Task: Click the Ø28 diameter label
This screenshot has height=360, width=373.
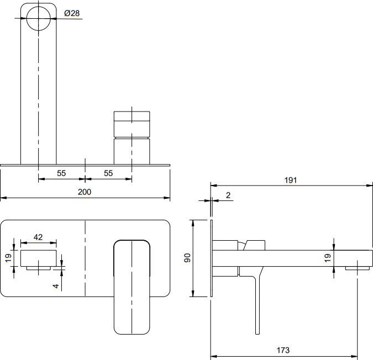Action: pyautogui.click(x=72, y=13)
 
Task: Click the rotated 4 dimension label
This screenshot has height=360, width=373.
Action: pyautogui.click(x=56, y=285)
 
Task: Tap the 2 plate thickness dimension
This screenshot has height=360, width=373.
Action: pyautogui.click(x=228, y=195)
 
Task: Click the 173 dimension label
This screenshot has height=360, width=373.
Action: pyautogui.click(x=283, y=350)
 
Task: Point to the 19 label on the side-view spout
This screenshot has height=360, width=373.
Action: pyautogui.click(x=328, y=258)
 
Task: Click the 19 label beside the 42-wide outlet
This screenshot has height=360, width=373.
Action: pyautogui.click(x=8, y=258)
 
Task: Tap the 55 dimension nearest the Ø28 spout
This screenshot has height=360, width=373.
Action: pyautogui.click(x=61, y=173)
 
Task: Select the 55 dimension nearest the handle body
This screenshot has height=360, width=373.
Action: pyautogui.click(x=108, y=173)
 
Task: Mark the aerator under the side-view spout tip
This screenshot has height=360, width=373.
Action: pyautogui.click(x=358, y=268)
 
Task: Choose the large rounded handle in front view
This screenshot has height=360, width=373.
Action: pyautogui.click(x=132, y=287)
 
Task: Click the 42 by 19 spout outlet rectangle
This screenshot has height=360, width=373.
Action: pyautogui.click(x=39, y=258)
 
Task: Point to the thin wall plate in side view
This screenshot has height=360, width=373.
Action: pyautogui.click(x=212, y=258)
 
